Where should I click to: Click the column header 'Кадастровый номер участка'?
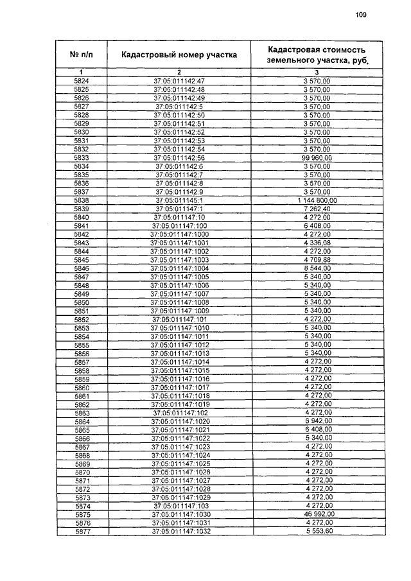[179, 55]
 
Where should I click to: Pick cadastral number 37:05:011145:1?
[179, 200]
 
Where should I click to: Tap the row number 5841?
[82, 226]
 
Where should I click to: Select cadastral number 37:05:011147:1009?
[179, 311]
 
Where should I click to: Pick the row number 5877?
[82, 532]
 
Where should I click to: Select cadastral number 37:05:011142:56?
[179, 157]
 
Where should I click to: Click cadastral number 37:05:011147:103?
[179, 507]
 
